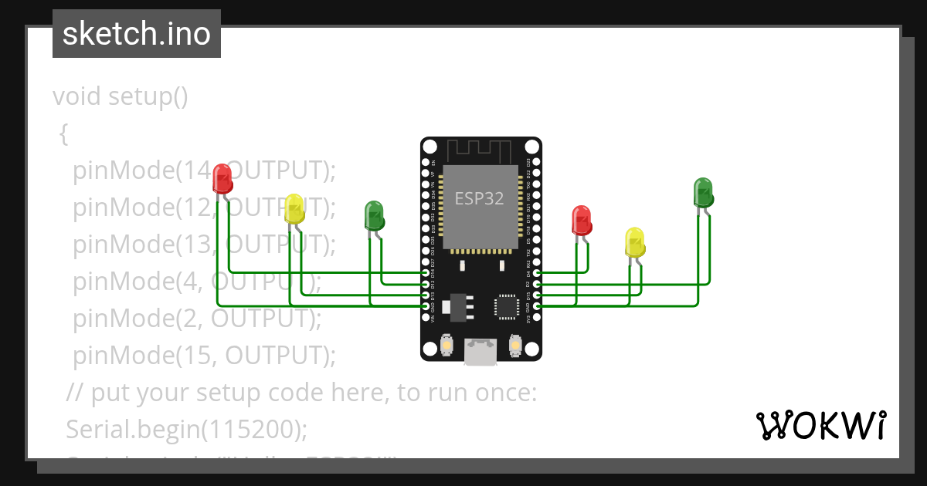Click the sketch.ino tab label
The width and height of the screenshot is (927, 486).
click(136, 34)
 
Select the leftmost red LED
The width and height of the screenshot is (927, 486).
click(222, 178)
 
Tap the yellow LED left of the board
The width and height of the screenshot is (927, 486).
click(294, 208)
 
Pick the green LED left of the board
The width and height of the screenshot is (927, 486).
click(374, 215)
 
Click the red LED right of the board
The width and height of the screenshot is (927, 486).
click(581, 220)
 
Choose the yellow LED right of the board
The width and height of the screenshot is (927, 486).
click(634, 242)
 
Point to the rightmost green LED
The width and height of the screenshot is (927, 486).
click(703, 192)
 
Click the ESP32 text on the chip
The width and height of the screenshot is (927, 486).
click(479, 198)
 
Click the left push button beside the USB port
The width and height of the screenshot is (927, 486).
click(446, 346)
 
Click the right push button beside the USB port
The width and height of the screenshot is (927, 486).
click(516, 346)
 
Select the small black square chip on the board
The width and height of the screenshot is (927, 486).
click(507, 305)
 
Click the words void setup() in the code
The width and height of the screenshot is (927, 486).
click(120, 96)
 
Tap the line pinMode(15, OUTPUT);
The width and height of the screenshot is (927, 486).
click(205, 355)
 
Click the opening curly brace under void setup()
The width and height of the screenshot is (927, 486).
click(64, 134)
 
